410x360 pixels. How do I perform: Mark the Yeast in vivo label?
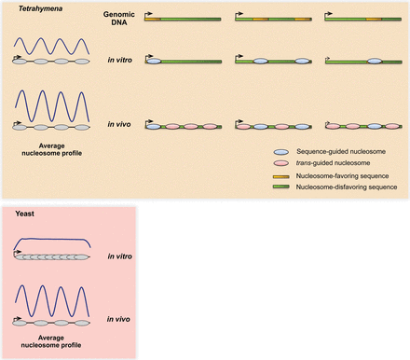coord(117,317)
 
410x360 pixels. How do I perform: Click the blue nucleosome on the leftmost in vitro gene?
coord(154,61)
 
